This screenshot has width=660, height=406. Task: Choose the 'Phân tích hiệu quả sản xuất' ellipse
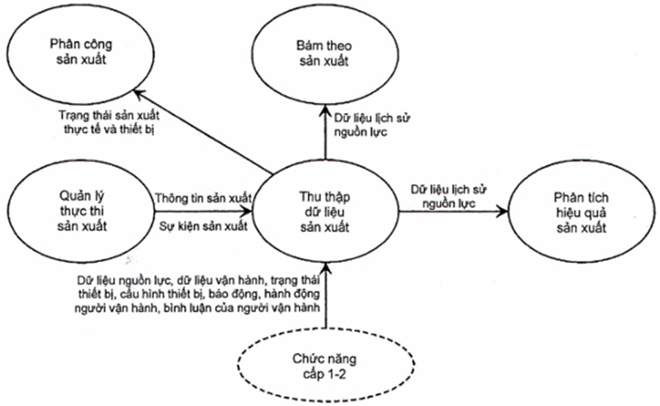[x=580, y=212]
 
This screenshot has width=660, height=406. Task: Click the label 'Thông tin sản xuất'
[x=203, y=199]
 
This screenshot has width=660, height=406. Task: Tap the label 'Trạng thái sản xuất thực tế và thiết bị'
[x=110, y=123]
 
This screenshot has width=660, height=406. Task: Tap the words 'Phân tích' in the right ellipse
[x=580, y=198]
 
